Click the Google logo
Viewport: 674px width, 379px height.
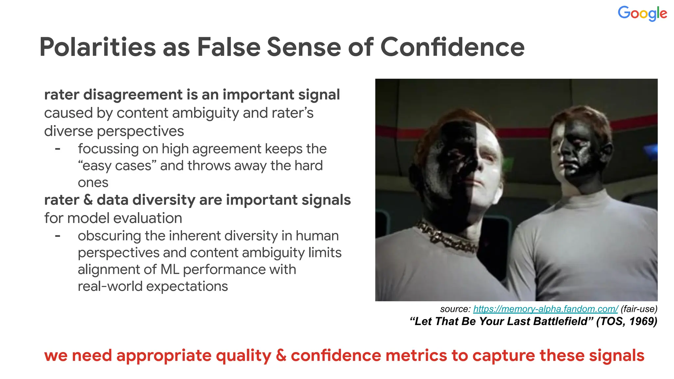642,13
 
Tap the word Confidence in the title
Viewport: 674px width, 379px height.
452,47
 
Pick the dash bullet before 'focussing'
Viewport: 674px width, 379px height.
58,149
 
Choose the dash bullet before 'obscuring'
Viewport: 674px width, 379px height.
58,236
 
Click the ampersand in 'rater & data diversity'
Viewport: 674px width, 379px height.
88,200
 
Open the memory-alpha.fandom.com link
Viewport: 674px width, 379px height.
545,309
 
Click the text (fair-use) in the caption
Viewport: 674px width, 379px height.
639,309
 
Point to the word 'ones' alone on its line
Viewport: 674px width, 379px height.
93,183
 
